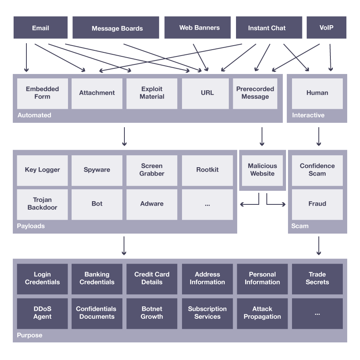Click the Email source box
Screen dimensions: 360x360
point(40,28)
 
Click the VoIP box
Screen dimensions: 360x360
point(326,28)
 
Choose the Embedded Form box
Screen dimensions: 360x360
point(42,93)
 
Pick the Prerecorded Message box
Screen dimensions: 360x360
point(255,93)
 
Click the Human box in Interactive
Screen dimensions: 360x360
point(317,93)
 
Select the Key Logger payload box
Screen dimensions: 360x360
point(42,170)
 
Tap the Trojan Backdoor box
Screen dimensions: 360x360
point(42,204)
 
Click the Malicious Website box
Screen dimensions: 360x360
point(262,170)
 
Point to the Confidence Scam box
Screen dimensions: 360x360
point(317,170)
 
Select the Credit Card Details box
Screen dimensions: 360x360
point(152,278)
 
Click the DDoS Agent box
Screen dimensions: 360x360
point(42,313)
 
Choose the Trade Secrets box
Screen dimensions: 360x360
point(317,278)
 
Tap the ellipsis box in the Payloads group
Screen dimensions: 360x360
point(207,204)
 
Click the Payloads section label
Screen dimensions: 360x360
point(31,226)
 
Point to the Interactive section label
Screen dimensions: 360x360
point(308,115)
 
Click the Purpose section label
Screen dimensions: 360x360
point(29,335)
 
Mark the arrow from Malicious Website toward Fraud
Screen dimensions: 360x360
point(276,204)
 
